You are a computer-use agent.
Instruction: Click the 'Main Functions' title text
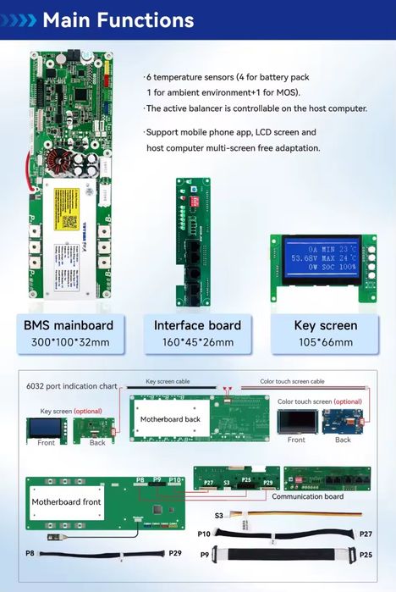coord(118,19)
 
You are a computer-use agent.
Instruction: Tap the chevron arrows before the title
coord(20,19)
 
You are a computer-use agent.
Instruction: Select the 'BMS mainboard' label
coord(69,325)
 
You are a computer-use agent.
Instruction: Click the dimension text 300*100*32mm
coord(69,343)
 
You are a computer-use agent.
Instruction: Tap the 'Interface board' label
coord(197,325)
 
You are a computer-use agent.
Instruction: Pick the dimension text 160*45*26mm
coord(197,343)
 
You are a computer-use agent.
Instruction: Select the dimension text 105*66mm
coord(326,343)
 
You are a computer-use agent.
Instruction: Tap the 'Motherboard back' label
coord(169,419)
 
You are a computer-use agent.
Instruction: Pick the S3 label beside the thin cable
coord(219,515)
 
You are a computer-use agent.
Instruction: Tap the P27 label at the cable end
coord(366,534)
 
